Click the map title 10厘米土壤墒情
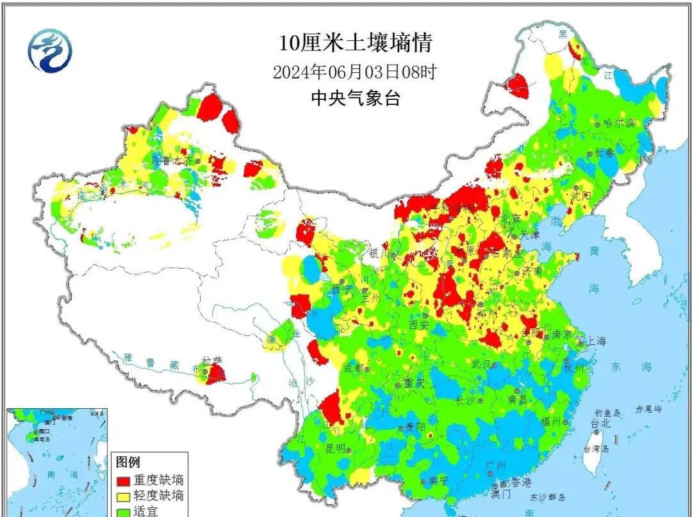(x=356, y=43)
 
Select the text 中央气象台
(x=355, y=98)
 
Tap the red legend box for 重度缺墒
(x=123, y=479)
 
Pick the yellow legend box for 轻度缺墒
(x=123, y=495)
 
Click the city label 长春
(x=605, y=152)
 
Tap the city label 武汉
(x=484, y=363)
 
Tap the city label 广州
(x=496, y=465)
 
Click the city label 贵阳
(x=413, y=427)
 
